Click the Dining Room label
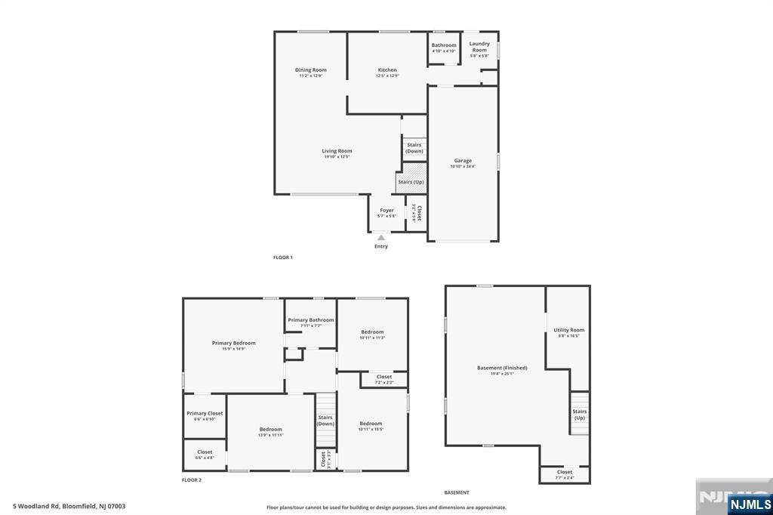click(310, 70)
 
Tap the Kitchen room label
click(387, 70)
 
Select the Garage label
click(463, 161)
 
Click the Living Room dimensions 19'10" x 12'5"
click(337, 157)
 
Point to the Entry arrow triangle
click(381, 238)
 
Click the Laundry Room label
click(479, 47)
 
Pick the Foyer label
click(386, 211)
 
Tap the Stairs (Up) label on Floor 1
click(411, 182)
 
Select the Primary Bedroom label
click(233, 343)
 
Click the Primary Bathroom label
click(310, 320)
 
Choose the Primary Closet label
click(205, 413)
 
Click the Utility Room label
click(568, 330)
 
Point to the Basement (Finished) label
click(502, 368)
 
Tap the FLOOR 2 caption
click(192, 480)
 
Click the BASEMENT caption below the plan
click(457, 492)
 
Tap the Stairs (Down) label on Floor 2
click(325, 421)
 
